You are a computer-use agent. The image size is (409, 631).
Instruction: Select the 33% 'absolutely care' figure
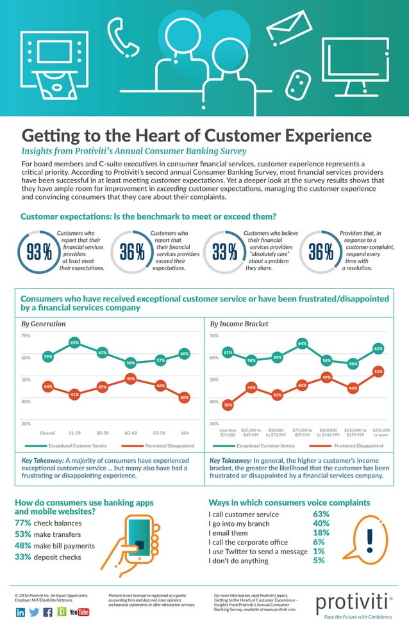(x=224, y=253)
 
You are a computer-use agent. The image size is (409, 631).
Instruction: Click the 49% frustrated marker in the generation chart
(x=130, y=379)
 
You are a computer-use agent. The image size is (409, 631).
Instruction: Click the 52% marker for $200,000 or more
(x=378, y=371)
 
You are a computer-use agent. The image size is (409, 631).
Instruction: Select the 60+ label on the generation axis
(x=185, y=433)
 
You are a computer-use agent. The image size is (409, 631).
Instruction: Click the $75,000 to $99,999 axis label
(x=302, y=433)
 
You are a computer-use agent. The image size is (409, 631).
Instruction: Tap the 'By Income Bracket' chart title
(x=235, y=324)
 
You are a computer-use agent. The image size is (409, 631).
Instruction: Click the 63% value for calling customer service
(x=321, y=514)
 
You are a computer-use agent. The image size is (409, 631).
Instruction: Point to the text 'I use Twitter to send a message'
(x=258, y=551)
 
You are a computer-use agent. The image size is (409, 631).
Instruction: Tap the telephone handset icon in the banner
(x=123, y=37)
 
